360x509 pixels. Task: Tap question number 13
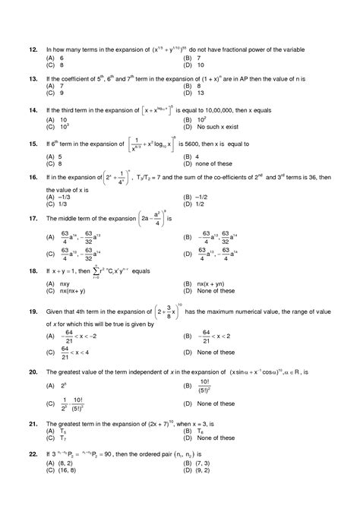(33, 78)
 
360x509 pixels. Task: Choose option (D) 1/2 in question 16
(201, 204)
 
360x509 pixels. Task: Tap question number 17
(33, 219)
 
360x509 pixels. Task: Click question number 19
(33, 311)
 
